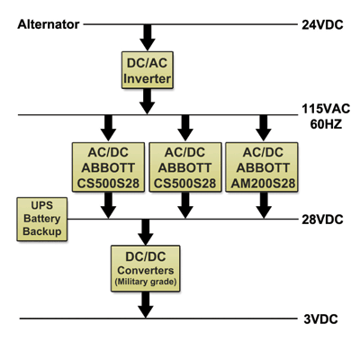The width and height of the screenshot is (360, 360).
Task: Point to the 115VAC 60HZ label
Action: point(325,117)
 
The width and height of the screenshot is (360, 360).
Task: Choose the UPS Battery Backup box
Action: point(40,219)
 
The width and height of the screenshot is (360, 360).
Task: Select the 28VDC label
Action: point(323,219)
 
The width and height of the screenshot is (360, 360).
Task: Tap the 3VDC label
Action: point(320,319)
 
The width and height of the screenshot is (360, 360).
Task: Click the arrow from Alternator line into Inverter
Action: point(145,37)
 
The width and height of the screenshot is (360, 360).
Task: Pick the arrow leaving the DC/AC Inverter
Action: point(145,103)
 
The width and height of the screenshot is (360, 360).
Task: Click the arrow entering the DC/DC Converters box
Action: point(145,231)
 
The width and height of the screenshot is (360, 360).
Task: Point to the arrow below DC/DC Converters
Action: point(145,306)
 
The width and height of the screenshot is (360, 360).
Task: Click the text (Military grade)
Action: point(145,283)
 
